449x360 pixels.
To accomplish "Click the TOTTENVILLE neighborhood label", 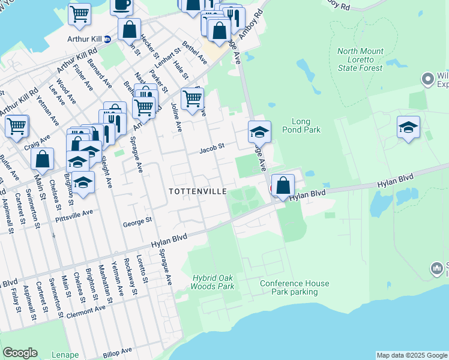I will [x=197, y=191].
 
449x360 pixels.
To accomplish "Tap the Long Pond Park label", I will [x=306, y=125].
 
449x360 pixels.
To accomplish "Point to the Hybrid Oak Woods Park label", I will [x=213, y=282].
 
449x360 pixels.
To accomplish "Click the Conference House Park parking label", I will [x=294, y=287].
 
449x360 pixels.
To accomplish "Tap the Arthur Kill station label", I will [x=85, y=40].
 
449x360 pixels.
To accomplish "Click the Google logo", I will [x=20, y=353].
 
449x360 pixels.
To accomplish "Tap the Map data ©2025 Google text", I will [x=411, y=355].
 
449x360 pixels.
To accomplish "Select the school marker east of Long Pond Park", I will [x=408, y=127].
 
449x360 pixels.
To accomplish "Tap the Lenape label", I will [x=64, y=355].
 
